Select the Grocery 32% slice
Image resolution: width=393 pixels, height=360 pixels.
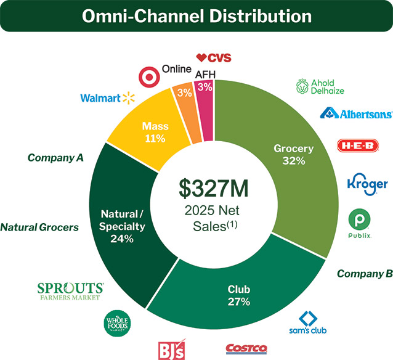[294, 154]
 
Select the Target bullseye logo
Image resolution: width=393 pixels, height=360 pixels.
[148, 78]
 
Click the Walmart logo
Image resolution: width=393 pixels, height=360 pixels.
[107, 97]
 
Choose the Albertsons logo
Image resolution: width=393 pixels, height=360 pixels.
[356, 113]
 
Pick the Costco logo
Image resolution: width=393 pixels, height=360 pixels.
[246, 349]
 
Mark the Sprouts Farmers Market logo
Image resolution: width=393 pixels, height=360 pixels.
[70, 292]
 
